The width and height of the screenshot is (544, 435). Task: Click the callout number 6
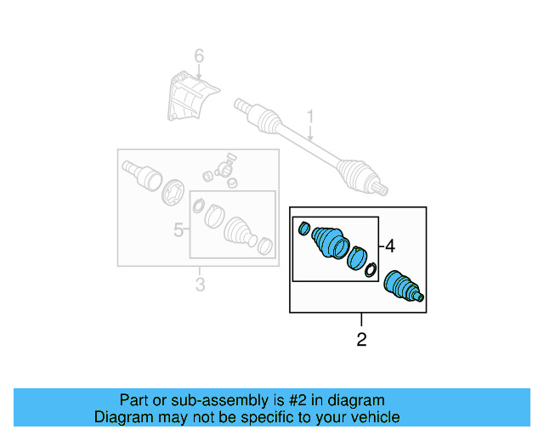click(x=199, y=56)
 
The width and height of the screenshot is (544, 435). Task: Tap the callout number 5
click(x=178, y=229)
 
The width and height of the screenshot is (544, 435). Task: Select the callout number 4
click(x=389, y=246)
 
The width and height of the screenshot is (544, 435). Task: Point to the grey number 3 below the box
click(x=200, y=285)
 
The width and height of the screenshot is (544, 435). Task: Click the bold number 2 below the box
click(x=361, y=340)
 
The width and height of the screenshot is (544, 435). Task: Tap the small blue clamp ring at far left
click(x=303, y=227)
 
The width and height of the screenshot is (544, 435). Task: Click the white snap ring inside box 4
click(x=370, y=270)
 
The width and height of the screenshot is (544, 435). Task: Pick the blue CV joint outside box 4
click(x=403, y=286)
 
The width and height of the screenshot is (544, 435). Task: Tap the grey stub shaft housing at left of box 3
click(x=140, y=174)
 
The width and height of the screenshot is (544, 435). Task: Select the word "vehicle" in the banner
click(x=372, y=417)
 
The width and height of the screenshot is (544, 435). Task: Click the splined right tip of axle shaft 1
click(x=383, y=188)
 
